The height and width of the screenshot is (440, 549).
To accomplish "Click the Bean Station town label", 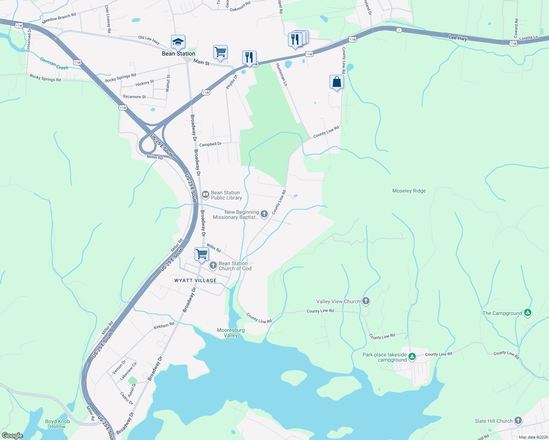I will click(x=178, y=54).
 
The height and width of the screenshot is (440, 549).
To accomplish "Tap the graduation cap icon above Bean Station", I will click(x=178, y=42).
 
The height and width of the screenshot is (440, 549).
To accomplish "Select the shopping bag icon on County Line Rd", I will click(x=337, y=82).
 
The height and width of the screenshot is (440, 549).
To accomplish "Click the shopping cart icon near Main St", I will click(x=220, y=52).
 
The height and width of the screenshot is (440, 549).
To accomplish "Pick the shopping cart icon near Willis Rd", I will click(x=201, y=254).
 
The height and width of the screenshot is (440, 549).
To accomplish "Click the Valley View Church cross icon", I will click(x=366, y=301).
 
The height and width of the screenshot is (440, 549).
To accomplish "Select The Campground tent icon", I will click(x=527, y=313).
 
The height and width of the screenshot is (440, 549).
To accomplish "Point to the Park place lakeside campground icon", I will click(x=412, y=356).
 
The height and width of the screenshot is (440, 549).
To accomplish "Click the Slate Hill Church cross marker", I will click(x=518, y=420).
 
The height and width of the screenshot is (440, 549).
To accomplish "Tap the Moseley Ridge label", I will click(x=409, y=191).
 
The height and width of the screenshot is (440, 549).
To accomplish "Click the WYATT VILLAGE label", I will click(x=195, y=280).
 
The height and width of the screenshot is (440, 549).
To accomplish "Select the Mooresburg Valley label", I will click(x=230, y=333).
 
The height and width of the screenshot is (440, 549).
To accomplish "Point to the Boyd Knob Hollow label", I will click(x=57, y=424).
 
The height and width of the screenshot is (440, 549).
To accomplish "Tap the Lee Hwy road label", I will click(x=458, y=38).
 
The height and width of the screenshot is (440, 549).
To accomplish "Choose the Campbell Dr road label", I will click(x=210, y=144).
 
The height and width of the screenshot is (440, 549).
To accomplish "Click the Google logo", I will click(x=12, y=436).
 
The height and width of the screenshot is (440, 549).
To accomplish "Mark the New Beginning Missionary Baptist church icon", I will click(x=264, y=214).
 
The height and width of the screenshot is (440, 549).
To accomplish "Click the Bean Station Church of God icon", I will click(x=213, y=265).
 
